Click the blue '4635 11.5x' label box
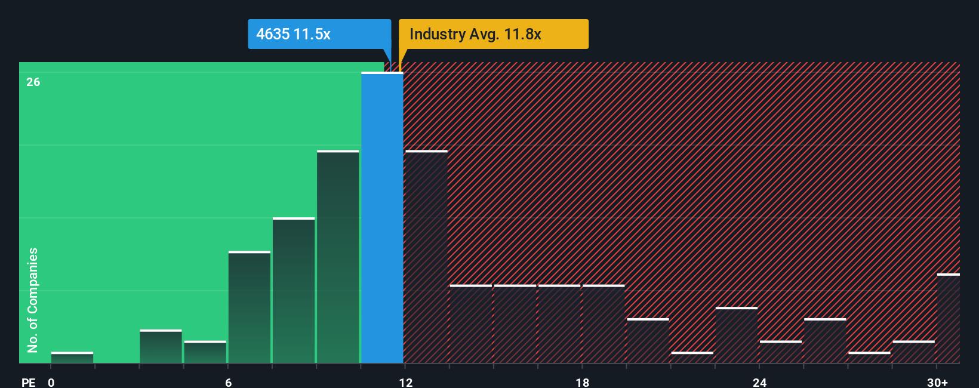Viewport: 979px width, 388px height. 319,34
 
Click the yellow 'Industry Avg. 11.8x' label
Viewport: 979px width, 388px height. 493,34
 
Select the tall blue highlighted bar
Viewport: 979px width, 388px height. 382,218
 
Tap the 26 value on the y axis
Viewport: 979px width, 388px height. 33,82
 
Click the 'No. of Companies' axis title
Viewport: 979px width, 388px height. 33,300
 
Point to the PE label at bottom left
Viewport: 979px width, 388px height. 28,382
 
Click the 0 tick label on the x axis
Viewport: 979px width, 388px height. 51,382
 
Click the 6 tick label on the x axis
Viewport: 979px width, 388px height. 228,382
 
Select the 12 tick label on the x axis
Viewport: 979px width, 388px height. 405,382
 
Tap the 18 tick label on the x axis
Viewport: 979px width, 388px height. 582,382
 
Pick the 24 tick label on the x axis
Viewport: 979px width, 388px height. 759,382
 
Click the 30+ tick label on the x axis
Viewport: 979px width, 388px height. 937,382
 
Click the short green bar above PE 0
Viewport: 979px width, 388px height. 72,358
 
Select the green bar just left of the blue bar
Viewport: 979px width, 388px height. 338,257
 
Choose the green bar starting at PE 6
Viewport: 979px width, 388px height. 250,307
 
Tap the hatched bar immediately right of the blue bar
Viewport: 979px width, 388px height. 426,257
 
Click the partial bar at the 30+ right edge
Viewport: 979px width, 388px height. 948,318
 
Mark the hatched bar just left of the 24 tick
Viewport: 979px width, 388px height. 737,335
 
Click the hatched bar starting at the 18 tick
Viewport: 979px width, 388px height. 604,324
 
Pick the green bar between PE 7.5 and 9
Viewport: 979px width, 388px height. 294,291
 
